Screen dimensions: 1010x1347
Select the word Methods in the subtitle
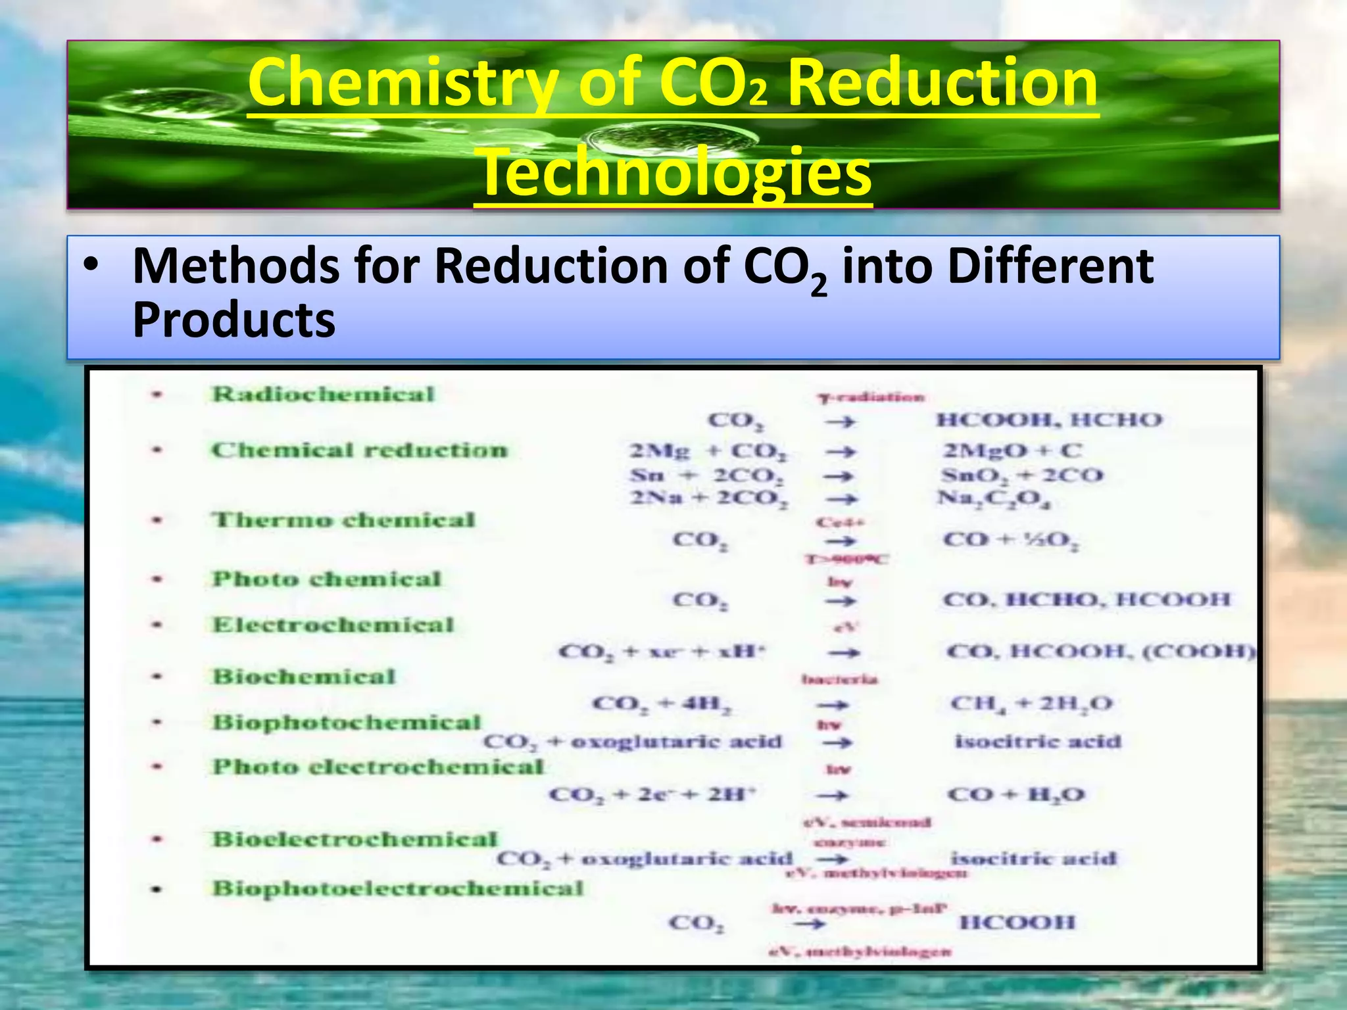point(235,266)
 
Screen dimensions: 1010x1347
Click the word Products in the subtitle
point(234,320)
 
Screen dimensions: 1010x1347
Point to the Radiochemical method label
point(323,395)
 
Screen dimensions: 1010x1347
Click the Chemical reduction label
point(359,450)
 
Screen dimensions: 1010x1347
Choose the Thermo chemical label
point(343,520)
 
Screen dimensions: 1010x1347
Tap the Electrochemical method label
point(333,625)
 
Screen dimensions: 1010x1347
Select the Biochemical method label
point(304,677)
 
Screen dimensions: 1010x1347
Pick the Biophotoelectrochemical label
point(398,888)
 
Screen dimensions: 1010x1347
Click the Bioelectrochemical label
point(355,839)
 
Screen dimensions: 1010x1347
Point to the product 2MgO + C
point(1012,451)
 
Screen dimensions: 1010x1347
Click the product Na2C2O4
point(994,499)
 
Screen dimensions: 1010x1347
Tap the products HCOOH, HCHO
point(1049,420)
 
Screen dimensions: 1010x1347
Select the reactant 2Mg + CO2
point(708,452)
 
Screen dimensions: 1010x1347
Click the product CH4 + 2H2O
point(1031,704)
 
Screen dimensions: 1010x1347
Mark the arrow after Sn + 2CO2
point(841,476)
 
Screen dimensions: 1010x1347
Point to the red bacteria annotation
point(840,679)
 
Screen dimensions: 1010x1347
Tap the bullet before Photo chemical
point(157,580)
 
